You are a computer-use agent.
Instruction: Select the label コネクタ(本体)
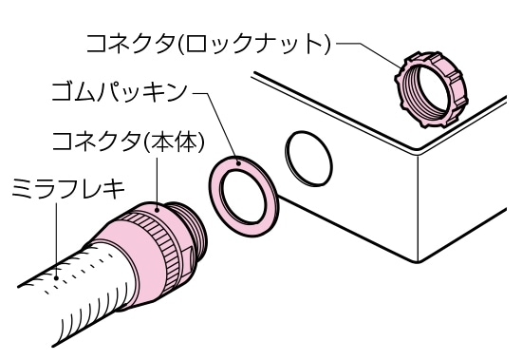(113, 144)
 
